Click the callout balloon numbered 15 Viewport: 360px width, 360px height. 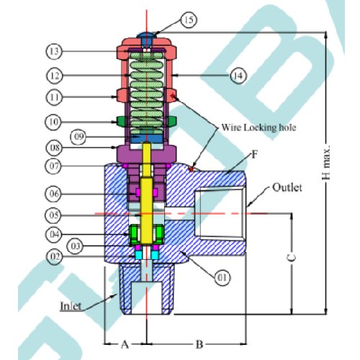(189, 20)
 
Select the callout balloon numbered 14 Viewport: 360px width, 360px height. (238, 76)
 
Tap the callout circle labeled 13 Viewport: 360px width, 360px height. (54, 51)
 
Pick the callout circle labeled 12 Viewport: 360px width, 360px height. (54, 76)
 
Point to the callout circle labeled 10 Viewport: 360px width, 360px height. (53, 122)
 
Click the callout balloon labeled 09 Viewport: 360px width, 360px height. (78, 137)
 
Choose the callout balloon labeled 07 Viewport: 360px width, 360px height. (54, 166)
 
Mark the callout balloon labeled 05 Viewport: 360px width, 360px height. (53, 215)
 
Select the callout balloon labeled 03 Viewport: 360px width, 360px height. (76, 246)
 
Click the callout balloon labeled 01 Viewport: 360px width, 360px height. (222, 278)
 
